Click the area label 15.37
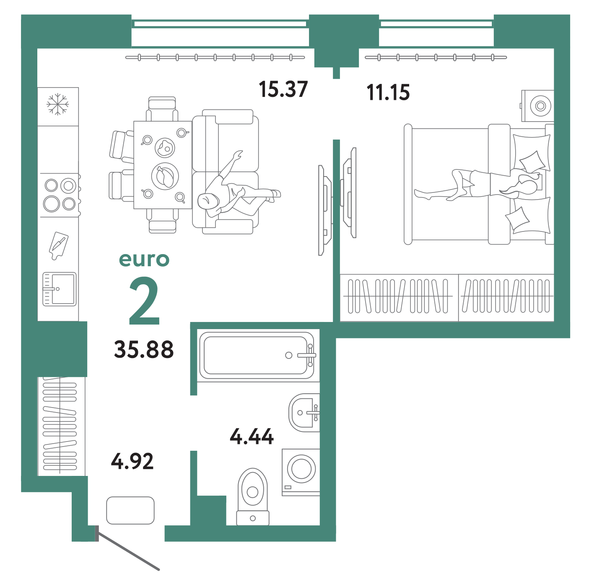(283, 89)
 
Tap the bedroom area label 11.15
(388, 92)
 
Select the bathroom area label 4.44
(252, 436)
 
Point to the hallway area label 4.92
(132, 461)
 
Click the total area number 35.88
(144, 349)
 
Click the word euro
(144, 259)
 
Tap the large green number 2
(144, 301)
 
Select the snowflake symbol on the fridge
(57, 104)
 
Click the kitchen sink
(59, 289)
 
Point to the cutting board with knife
(58, 246)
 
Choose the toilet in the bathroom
(252, 496)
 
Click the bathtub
(257, 355)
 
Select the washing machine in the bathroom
(301, 472)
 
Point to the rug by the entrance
(130, 510)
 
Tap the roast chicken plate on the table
(165, 177)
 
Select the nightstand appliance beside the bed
(538, 106)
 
